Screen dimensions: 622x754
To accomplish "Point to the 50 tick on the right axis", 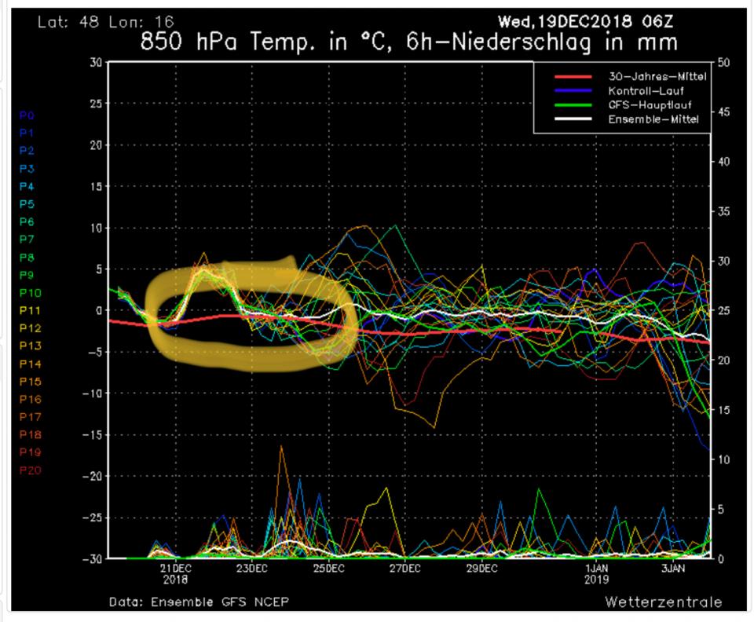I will tap(723, 62).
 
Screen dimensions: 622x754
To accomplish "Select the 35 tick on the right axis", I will tap(723, 211).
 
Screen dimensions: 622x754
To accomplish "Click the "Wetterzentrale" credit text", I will tap(664, 602).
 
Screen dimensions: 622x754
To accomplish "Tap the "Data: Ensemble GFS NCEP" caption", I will tap(203, 602).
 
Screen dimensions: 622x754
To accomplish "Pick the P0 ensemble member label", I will tap(25, 115).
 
